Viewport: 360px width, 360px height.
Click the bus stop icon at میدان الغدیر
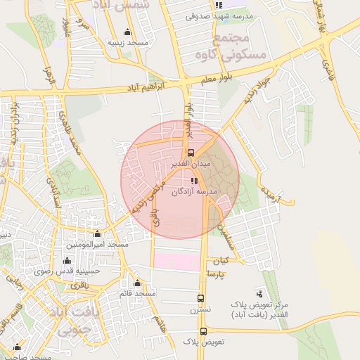click(x=190, y=153)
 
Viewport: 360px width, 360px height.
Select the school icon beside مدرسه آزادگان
click(x=194, y=181)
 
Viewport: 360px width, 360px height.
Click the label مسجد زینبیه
click(x=127, y=42)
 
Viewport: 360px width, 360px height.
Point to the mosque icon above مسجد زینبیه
click(x=127, y=32)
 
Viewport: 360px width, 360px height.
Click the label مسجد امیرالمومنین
click(x=97, y=244)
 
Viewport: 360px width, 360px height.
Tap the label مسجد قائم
click(x=137, y=292)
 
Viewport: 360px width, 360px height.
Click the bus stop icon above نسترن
click(x=202, y=298)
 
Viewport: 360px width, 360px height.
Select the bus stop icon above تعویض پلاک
click(x=203, y=331)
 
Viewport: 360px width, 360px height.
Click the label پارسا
click(x=217, y=273)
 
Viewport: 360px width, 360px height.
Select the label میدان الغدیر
click(x=191, y=163)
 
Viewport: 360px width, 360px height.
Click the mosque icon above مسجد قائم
click(x=137, y=283)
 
